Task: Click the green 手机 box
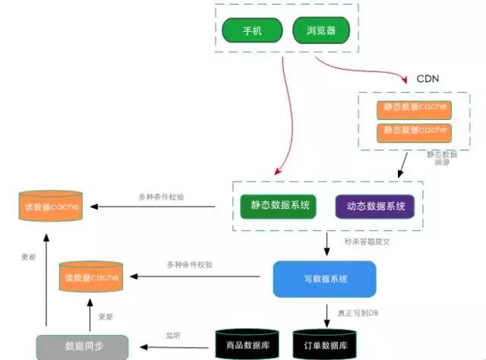251,31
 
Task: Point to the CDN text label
428,79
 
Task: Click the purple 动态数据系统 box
374,207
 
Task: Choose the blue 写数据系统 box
324,279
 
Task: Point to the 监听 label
173,335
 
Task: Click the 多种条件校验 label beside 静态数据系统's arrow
161,197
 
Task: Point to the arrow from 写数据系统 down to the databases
327,311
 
